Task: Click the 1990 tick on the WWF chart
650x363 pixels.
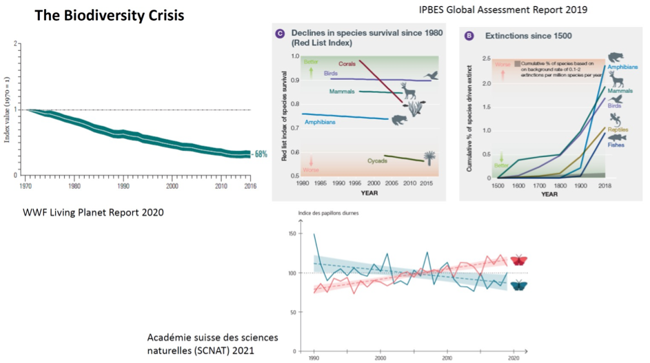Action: pyautogui.click(x=123, y=186)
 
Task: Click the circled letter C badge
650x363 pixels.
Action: pyautogui.click(x=280, y=34)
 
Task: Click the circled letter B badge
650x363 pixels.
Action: pyautogui.click(x=470, y=35)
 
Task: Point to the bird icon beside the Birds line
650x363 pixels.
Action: pyautogui.click(x=432, y=75)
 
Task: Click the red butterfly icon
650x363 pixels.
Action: pyautogui.click(x=518, y=260)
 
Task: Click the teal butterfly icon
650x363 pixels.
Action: pyautogui.click(x=518, y=285)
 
